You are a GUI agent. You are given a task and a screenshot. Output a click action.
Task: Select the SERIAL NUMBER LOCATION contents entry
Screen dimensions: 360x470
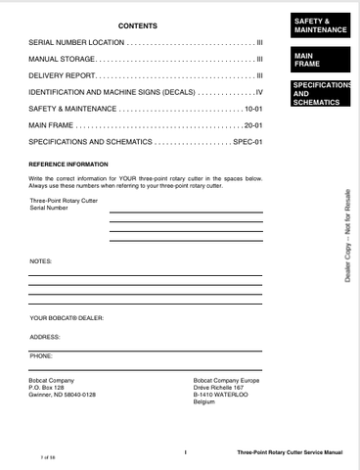coord(76,43)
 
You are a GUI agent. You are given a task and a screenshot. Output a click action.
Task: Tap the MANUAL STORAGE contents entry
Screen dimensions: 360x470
coord(62,60)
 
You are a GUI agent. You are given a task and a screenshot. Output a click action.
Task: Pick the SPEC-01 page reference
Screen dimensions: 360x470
coord(248,141)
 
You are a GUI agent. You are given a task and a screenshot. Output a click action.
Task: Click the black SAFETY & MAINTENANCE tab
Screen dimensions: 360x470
coord(320,24)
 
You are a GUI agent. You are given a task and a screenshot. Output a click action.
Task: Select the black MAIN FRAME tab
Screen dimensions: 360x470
coord(320,60)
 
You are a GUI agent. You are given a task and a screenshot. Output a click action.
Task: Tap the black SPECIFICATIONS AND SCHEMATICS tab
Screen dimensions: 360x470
coord(320,94)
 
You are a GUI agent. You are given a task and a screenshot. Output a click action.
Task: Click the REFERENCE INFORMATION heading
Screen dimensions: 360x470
coord(68,164)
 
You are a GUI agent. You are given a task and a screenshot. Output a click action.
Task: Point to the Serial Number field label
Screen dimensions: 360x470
coord(50,208)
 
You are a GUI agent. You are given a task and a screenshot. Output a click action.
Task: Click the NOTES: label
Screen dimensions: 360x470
coord(41,261)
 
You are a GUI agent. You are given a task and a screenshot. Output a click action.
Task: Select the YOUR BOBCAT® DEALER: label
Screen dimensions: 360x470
coord(67,318)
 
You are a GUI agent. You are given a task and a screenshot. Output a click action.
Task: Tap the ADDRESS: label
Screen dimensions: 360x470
coord(45,336)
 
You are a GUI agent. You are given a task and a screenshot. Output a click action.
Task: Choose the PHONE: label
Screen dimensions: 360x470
coord(41,355)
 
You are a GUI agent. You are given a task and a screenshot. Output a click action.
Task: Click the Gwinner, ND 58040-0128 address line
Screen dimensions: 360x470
coord(63,394)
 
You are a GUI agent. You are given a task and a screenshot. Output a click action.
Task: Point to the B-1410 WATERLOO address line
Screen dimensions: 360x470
coord(223,394)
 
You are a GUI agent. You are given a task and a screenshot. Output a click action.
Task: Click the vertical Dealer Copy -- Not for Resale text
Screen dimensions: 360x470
coord(347,236)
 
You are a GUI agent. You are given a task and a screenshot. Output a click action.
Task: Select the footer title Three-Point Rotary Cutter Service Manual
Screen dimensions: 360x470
coord(290,453)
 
